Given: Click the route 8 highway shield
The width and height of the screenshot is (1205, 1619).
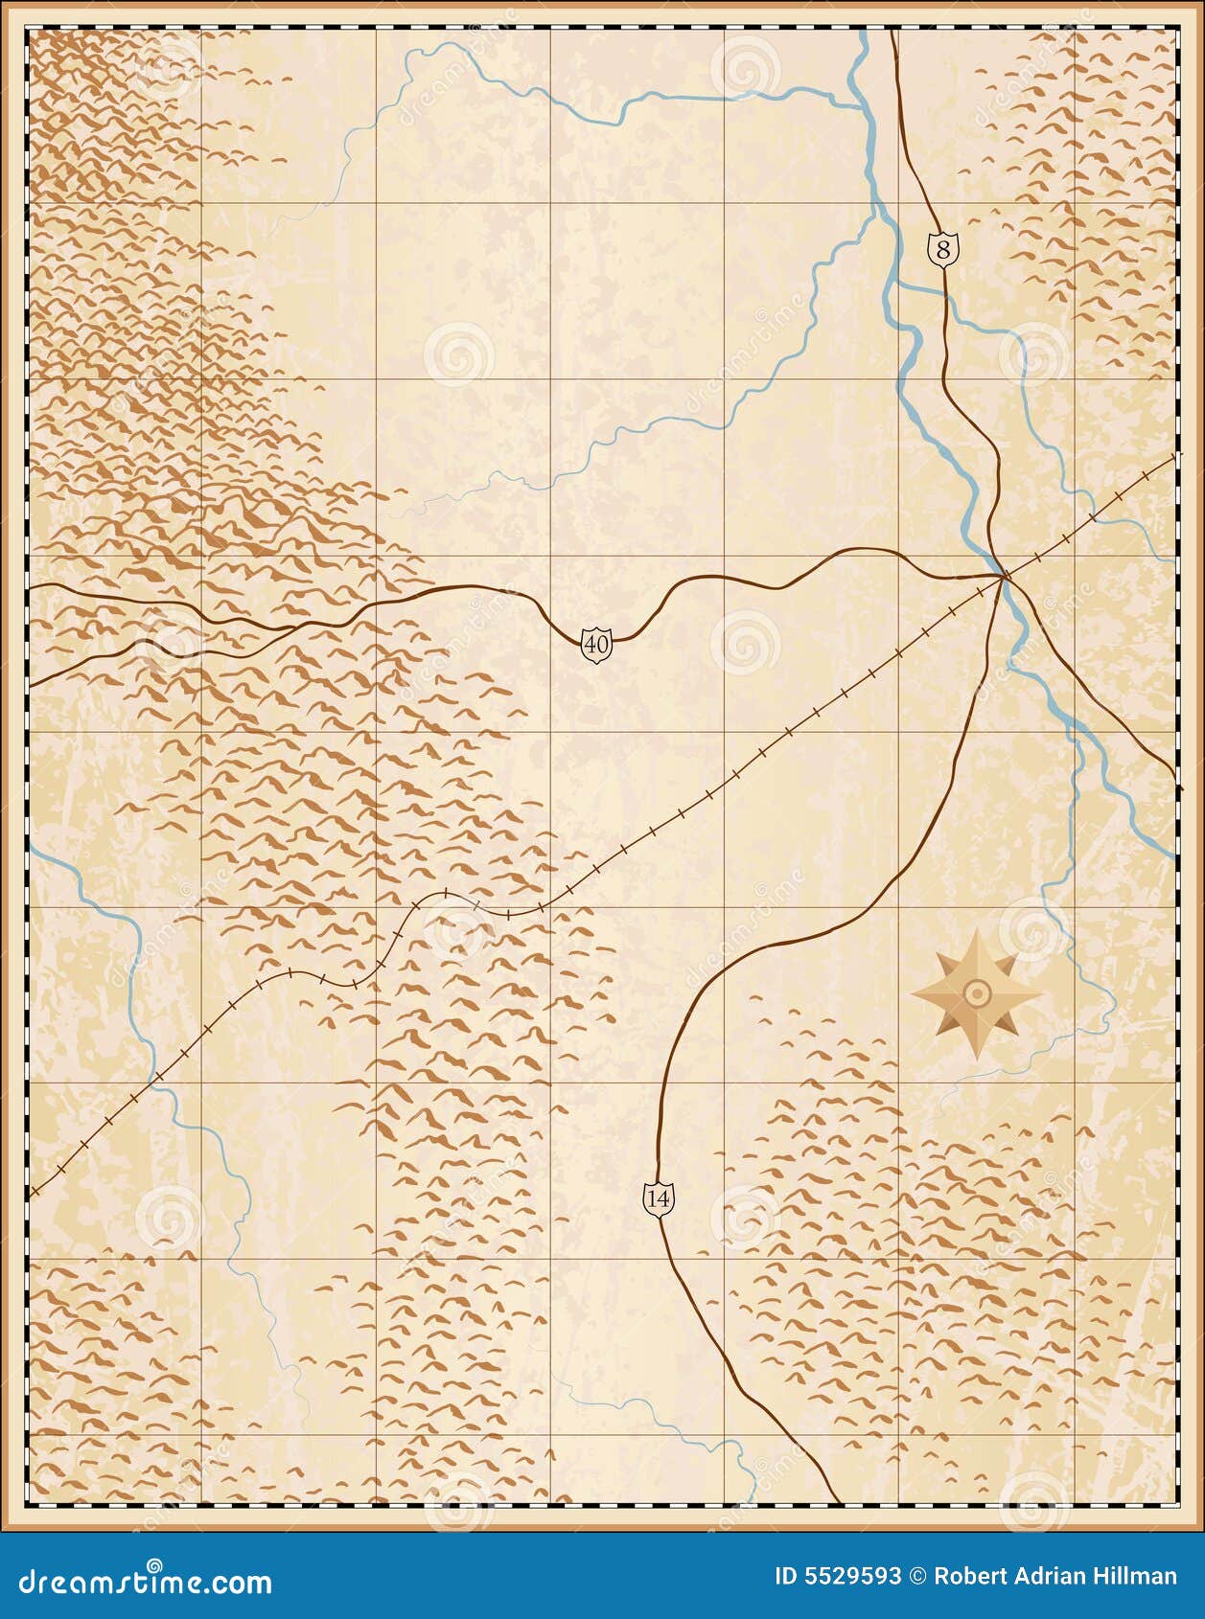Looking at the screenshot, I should [943, 250].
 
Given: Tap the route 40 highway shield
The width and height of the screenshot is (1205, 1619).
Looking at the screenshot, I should [596, 645].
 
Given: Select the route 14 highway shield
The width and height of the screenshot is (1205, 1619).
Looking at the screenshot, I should [659, 1198].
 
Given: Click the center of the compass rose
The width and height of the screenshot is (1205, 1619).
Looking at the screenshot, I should [977, 993].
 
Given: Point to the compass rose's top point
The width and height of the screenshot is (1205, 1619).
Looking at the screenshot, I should [977, 929].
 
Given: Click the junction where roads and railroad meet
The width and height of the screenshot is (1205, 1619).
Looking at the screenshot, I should [1003, 576].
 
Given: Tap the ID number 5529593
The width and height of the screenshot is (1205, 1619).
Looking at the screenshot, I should [838, 1577].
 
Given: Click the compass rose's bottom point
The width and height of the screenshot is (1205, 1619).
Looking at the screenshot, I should [977, 1060].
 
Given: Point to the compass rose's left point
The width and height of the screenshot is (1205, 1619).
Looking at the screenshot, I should [912, 994].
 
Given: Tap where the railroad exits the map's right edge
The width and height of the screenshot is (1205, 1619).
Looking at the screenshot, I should [1174, 456].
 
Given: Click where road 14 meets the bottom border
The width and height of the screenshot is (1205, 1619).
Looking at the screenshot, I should [840, 1501].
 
